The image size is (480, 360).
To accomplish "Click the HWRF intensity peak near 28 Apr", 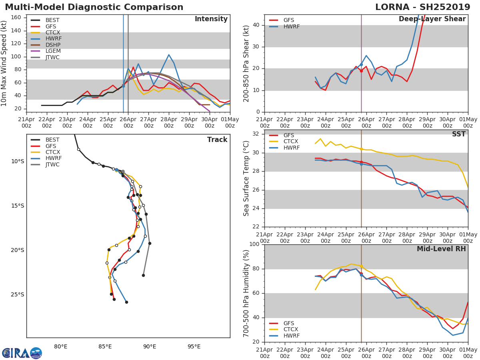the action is point(169,55).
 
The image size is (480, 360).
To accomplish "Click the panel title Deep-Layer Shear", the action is point(432,19).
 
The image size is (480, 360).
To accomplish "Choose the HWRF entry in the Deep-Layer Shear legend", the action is point(284,26).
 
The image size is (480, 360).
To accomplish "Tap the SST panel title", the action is point(459,134).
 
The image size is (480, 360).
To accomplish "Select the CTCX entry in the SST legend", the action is point(284,142).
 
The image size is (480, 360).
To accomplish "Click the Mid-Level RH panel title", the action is point(441,249).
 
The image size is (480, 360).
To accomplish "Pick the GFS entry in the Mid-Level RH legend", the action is point(282,323).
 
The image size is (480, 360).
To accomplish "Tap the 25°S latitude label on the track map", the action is point(18,295).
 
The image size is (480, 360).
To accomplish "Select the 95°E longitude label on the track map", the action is point(194,346).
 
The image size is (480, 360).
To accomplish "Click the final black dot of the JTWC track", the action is point(144,275).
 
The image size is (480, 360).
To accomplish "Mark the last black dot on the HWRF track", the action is point(126,302).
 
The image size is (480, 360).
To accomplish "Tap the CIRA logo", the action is point(22,353).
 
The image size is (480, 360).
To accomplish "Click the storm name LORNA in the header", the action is point(392,7).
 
